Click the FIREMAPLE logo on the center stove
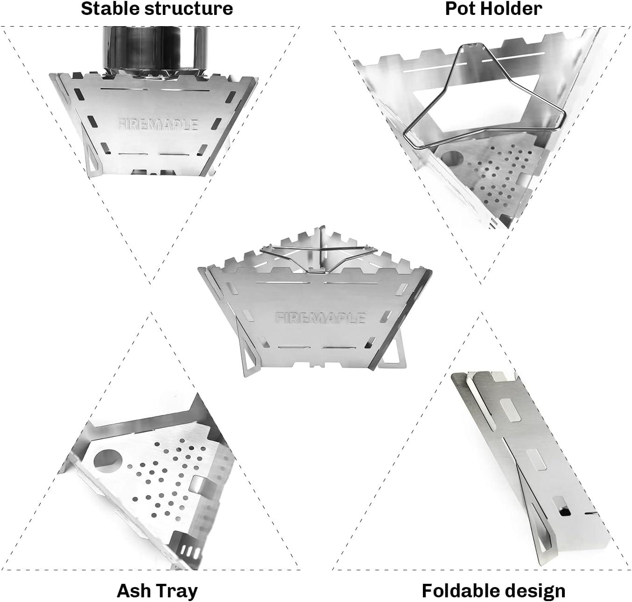[320, 318]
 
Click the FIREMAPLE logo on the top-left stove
[157, 124]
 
